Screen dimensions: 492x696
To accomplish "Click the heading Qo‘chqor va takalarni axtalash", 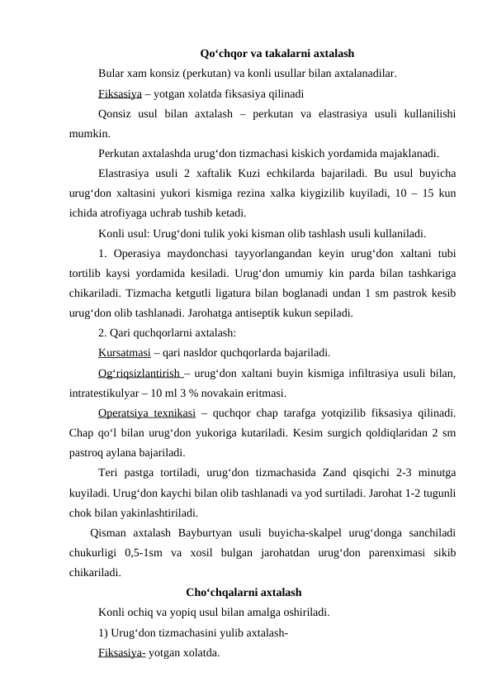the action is click(277, 54).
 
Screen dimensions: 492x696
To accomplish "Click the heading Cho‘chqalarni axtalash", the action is click(244, 592).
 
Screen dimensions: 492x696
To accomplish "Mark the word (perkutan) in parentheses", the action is click(213, 73).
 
